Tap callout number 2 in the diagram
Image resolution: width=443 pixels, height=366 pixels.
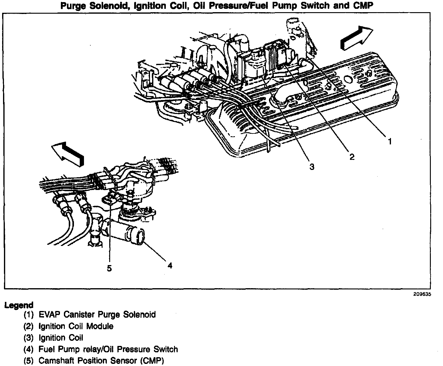[352, 157]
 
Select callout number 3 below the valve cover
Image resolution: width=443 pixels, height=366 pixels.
[312, 167]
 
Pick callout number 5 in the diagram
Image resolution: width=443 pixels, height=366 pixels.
[109, 268]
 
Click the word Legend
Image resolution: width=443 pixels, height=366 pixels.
[19, 305]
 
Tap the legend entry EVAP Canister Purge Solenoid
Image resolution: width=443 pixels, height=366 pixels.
[97, 314]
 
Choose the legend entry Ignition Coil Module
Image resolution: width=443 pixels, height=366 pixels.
[76, 326]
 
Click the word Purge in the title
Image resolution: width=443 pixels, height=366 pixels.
[74, 6]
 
